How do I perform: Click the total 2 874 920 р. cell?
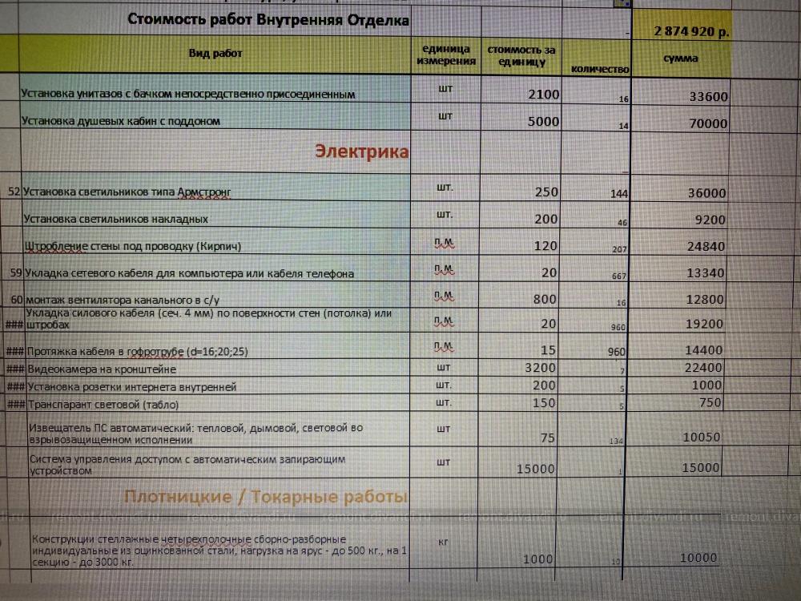[691, 32]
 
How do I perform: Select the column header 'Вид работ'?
[215, 54]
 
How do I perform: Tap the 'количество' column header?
[600, 70]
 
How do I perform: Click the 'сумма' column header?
[681, 58]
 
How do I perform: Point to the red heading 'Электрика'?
[362, 151]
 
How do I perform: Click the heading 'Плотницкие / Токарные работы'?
[266, 497]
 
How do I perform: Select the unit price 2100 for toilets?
[544, 95]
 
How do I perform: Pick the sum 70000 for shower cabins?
[708, 123]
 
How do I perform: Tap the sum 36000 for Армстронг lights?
[707, 193]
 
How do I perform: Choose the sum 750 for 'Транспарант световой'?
[710, 403]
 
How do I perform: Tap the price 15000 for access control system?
[536, 469]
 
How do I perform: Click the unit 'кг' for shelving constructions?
[444, 543]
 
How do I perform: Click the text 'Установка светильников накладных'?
[116, 219]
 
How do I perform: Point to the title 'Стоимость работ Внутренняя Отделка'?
[268, 20]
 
